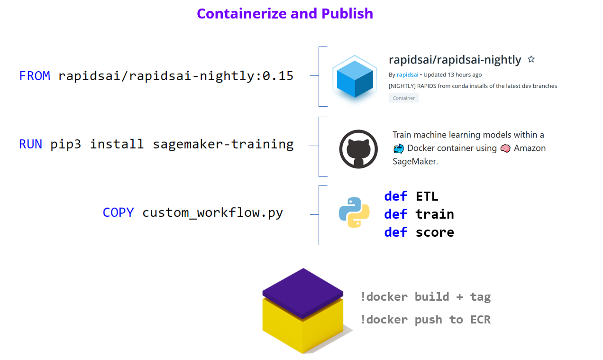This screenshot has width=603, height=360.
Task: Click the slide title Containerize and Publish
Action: pos(285,13)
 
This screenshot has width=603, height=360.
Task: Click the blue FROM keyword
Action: pos(35,76)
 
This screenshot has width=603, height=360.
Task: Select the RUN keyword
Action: pos(31,144)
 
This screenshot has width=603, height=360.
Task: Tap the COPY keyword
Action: pos(118,212)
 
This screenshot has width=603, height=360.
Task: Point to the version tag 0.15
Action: pos(278,76)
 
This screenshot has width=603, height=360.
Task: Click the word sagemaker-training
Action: pos(223,144)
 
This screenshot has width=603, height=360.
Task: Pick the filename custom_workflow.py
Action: pos(213,212)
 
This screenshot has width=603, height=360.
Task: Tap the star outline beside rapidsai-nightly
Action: pos(531,59)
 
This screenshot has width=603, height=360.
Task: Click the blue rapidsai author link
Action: pos(407,74)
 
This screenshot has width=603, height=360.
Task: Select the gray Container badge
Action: pos(403,98)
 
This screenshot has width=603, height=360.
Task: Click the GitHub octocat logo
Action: pos(358,149)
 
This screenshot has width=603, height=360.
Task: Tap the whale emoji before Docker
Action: pos(398,148)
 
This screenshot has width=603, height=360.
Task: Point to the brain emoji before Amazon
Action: pos(505,148)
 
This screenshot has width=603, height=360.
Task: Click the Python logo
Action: pos(354,212)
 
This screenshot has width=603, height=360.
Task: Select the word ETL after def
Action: pos(427,196)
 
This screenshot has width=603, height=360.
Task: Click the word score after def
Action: pos(435,232)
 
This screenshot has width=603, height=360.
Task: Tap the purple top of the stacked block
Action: pos(303,293)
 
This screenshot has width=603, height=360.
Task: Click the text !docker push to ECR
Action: pos(426,320)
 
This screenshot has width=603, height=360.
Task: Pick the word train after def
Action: pos(435,214)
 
